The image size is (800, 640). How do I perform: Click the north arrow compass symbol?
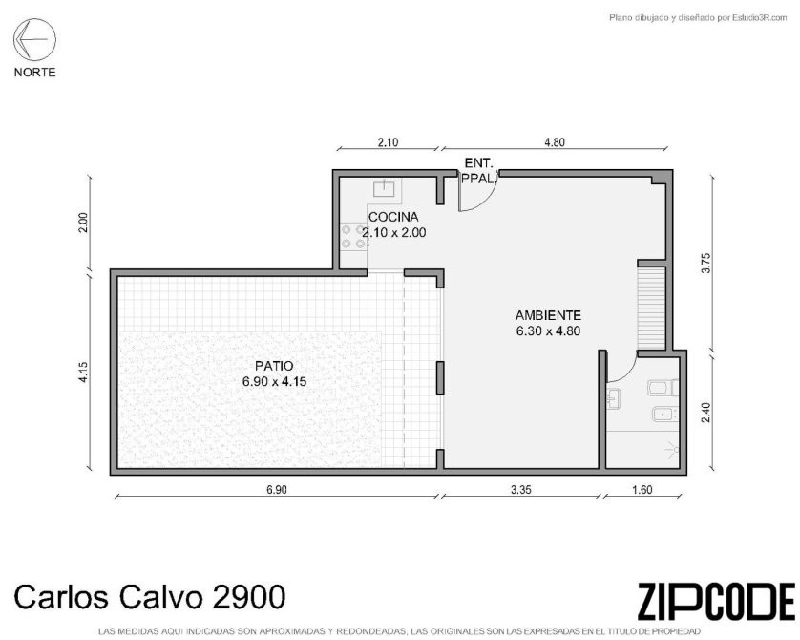click(34, 39)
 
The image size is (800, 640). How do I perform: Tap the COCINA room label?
click(393, 217)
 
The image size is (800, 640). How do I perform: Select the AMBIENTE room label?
click(548, 315)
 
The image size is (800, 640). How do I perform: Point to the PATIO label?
click(275, 366)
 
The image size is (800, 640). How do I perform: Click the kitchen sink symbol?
click(384, 189)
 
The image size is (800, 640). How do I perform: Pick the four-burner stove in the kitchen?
click(353, 237)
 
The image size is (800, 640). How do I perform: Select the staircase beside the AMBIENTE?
click(651, 309)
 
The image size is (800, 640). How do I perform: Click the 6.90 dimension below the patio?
click(277, 490)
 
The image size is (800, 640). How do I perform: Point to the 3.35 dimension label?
click(521, 490)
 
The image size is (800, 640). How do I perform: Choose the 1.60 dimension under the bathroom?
click(642, 490)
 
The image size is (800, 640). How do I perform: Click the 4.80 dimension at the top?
click(555, 142)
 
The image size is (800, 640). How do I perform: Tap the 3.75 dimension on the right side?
click(706, 264)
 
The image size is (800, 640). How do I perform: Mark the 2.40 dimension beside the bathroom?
click(706, 413)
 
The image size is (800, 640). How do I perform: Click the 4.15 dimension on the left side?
click(84, 372)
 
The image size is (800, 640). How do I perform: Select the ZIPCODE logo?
click(716, 602)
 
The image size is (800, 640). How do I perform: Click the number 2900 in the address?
click(248, 597)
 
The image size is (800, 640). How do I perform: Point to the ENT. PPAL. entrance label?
click(478, 171)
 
